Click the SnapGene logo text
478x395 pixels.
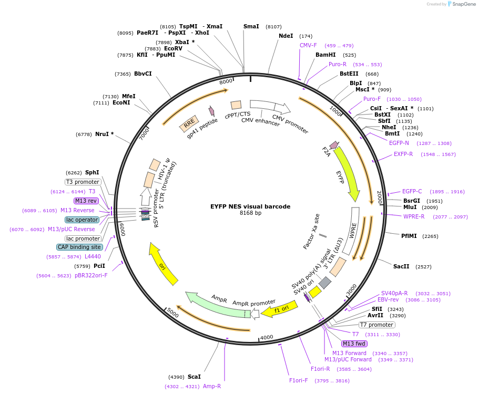coord(464,4)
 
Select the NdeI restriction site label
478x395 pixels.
coord(286,36)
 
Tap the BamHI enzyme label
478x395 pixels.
coord(326,55)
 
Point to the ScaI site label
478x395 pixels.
coord(194,377)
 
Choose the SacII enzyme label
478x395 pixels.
coord(401,266)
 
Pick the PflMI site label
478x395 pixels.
coord(409,236)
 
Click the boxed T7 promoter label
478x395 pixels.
coord(377,325)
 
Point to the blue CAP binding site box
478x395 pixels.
coord(79,247)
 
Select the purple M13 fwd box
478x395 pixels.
coord(354,344)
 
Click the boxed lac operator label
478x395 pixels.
coord(82,220)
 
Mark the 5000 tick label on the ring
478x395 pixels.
coord(173,313)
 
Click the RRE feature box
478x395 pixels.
coord(189,124)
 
